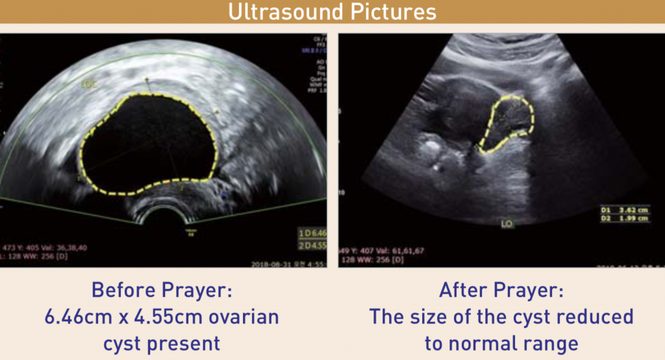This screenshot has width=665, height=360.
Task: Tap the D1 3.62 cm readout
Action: point(624,211)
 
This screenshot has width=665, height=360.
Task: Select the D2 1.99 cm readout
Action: point(624,219)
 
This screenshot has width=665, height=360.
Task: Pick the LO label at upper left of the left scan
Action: point(88,84)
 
